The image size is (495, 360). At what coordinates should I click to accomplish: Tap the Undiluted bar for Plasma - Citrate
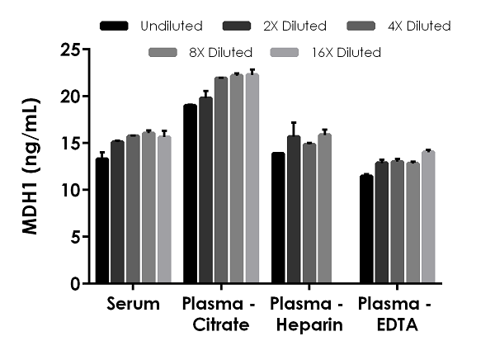pyautogui.click(x=190, y=194)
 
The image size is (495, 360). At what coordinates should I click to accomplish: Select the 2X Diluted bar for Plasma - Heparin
pyautogui.click(x=294, y=210)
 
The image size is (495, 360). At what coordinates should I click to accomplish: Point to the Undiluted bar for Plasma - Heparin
pyautogui.click(x=278, y=218)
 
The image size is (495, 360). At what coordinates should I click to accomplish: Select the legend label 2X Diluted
pyautogui.click(x=277, y=26)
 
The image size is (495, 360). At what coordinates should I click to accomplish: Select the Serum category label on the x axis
pyautogui.click(x=133, y=305)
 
